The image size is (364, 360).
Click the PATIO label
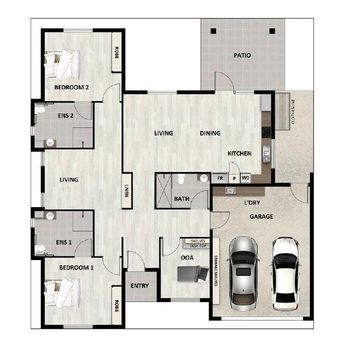(242, 55)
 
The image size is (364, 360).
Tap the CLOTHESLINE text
(292, 112)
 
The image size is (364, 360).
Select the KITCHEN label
(240, 154)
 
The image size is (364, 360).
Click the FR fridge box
(220, 178)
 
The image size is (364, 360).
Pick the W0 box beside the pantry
(246, 178)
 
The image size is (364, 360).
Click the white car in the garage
(285, 270)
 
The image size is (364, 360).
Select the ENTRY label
(139, 286)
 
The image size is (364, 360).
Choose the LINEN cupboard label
(126, 191)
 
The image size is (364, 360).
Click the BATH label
(181, 198)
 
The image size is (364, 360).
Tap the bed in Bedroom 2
(64, 62)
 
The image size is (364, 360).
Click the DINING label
(210, 133)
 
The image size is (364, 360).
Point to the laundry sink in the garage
(230, 191)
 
